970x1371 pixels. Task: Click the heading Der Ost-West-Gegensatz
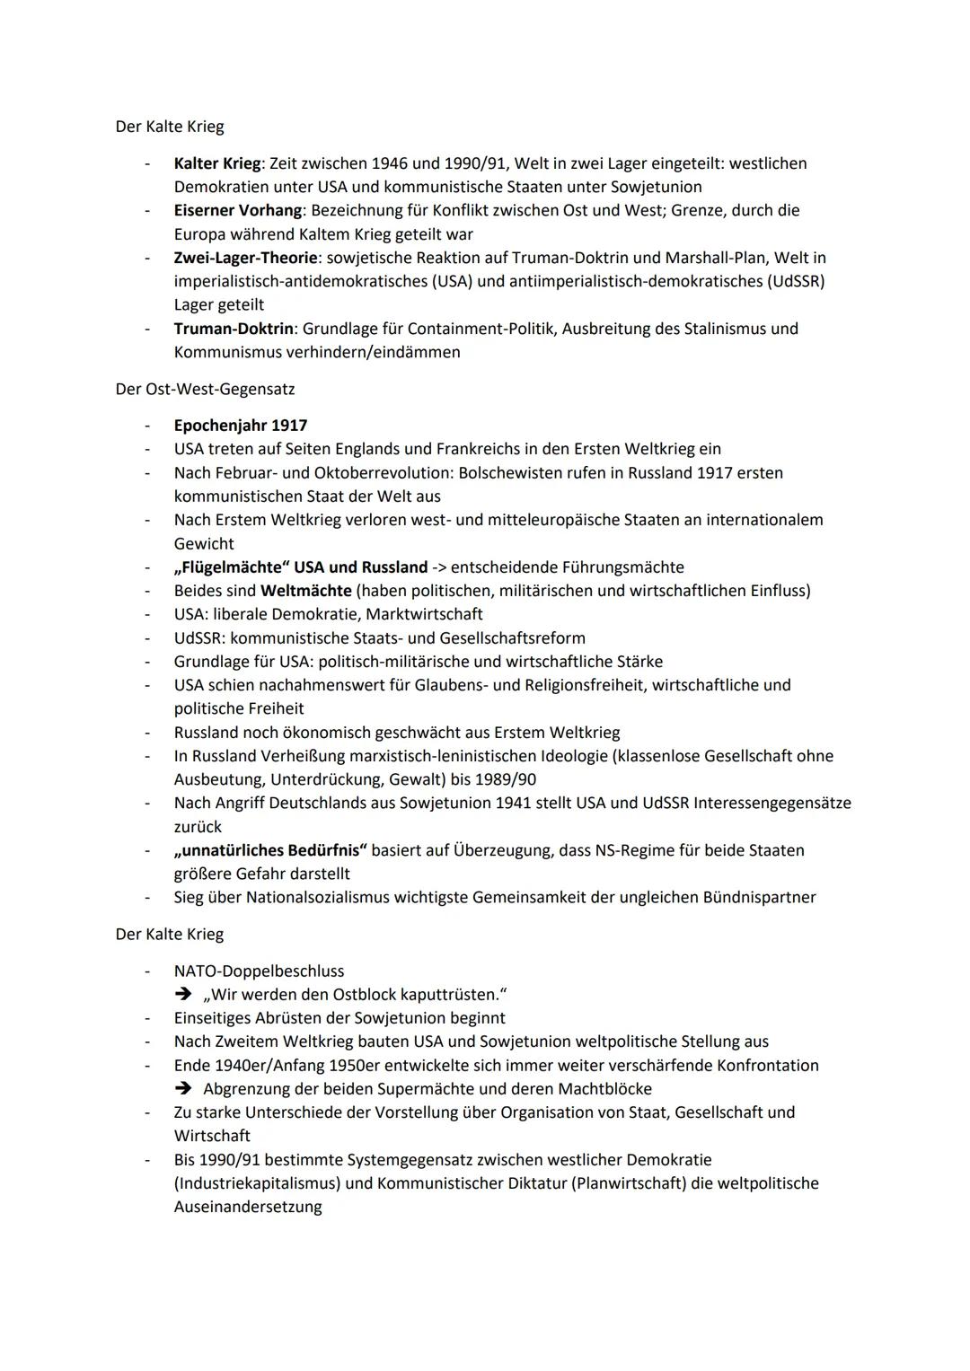point(205,390)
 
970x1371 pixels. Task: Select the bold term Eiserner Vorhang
point(237,210)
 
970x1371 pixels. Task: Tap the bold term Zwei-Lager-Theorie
point(245,258)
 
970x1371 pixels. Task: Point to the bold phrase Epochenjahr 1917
point(241,426)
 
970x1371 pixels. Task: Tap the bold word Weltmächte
point(305,591)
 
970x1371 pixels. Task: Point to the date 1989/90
point(504,779)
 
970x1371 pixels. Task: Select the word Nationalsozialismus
point(326,897)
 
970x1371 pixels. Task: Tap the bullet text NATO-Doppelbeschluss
point(259,971)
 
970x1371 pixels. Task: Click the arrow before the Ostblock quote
point(184,995)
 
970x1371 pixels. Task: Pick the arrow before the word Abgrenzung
point(184,1089)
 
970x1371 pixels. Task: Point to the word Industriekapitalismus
point(257,1183)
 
